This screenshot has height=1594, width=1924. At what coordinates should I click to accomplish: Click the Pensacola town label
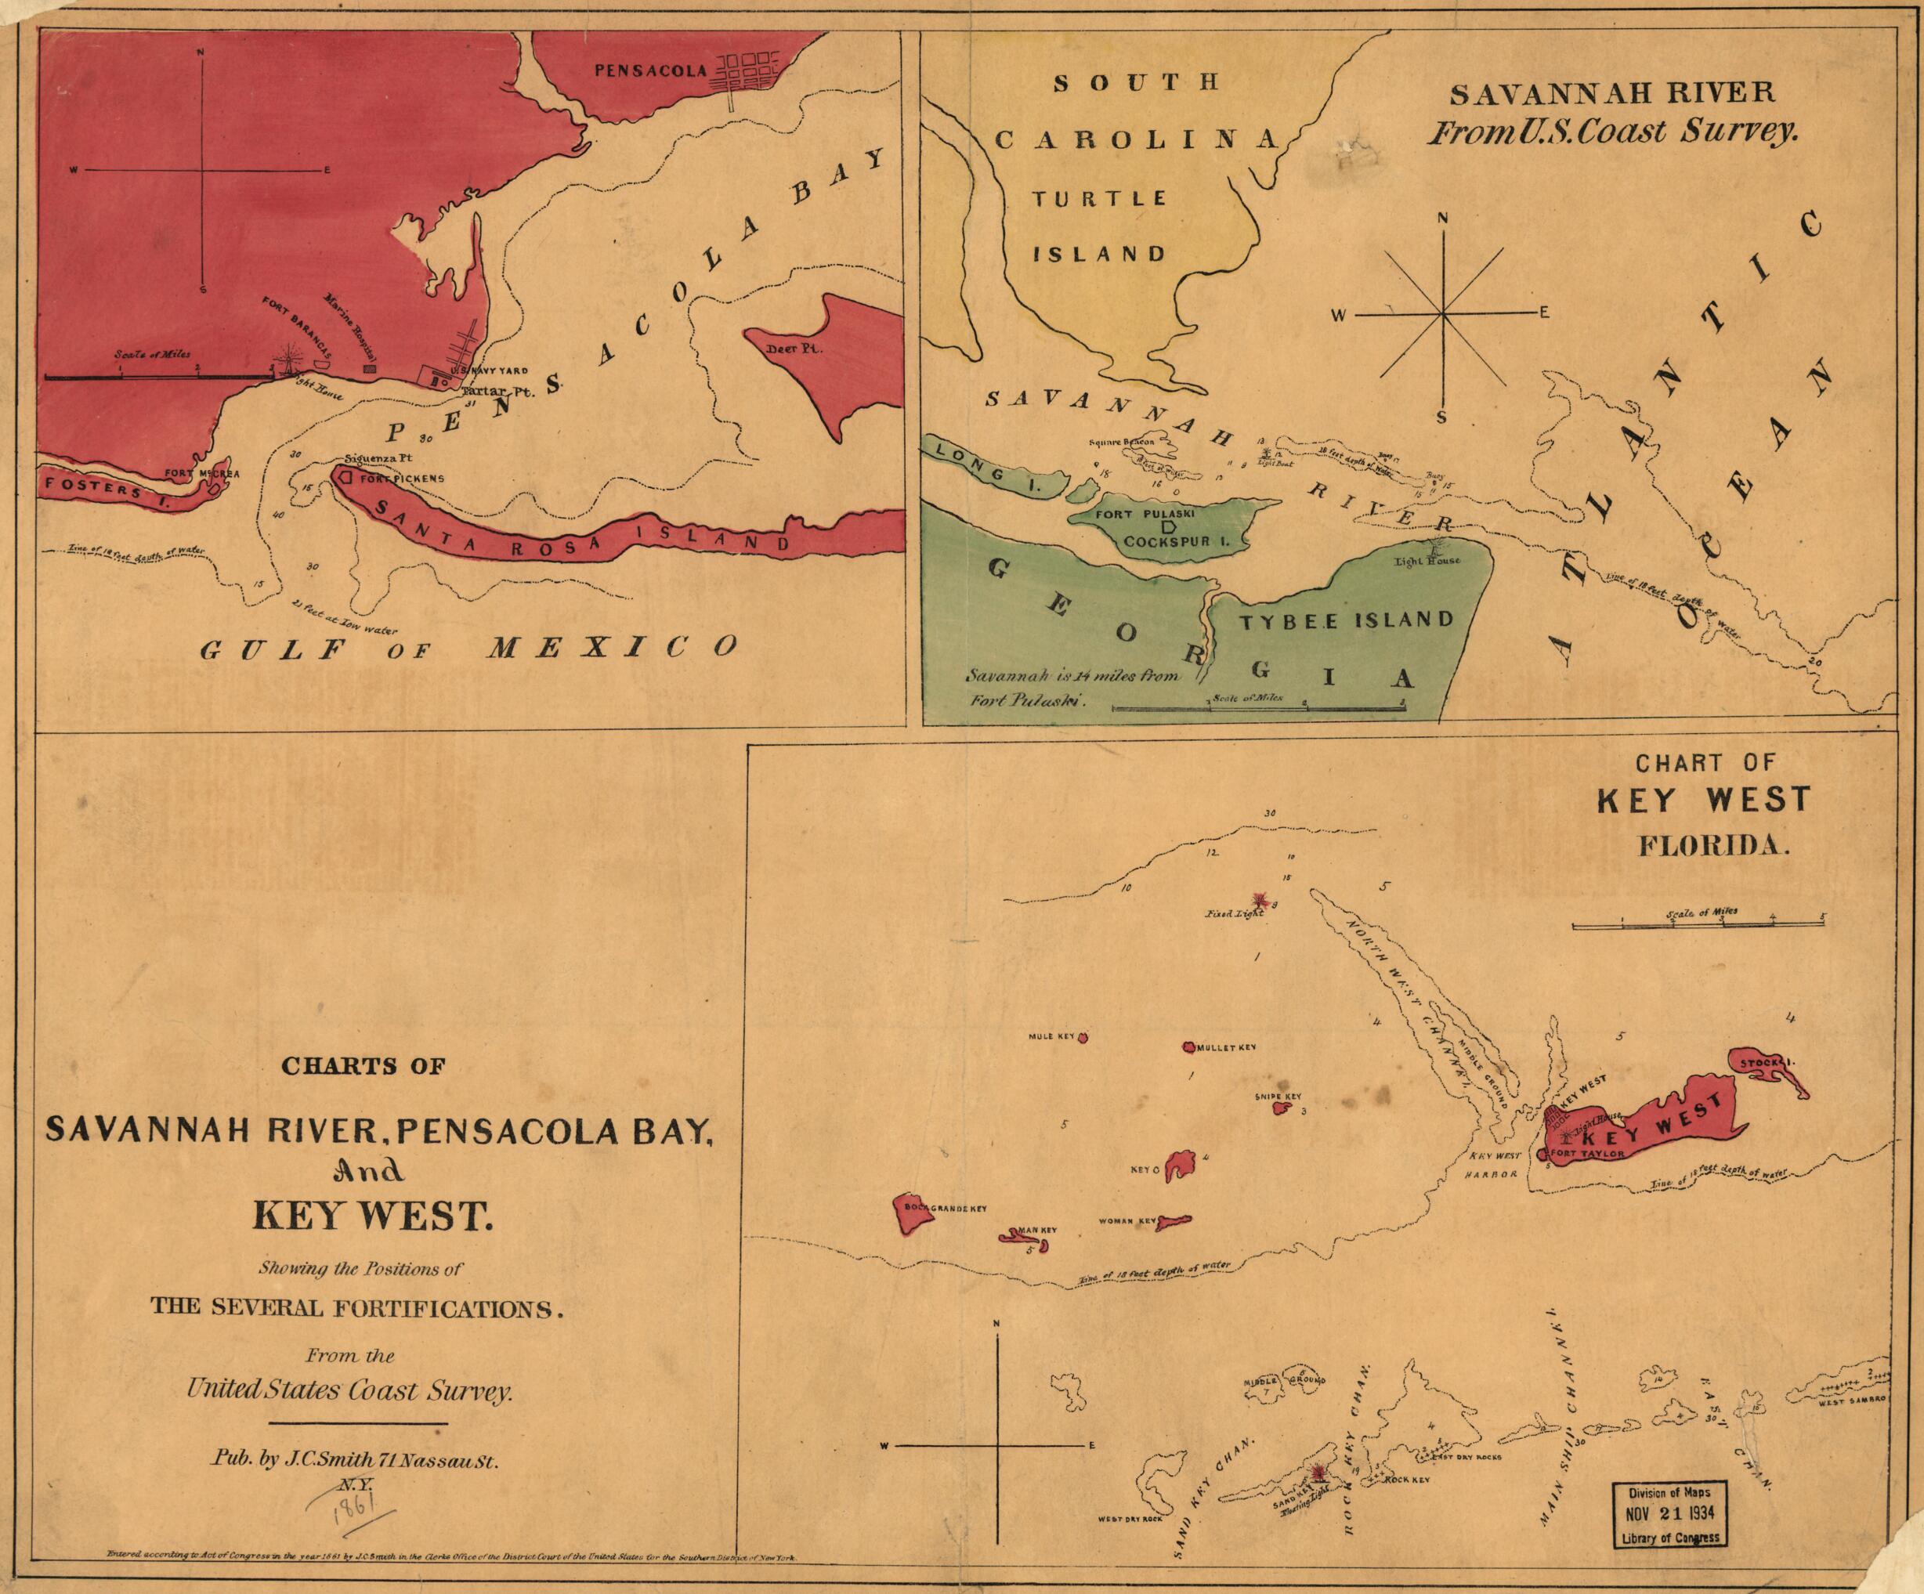click(649, 70)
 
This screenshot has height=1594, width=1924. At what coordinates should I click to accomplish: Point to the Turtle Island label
click(1099, 226)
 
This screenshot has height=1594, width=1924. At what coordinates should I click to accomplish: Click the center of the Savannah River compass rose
click(1442, 314)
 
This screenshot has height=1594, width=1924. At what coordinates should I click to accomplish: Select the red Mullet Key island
click(1189, 1046)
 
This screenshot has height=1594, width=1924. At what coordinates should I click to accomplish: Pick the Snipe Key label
click(1278, 1097)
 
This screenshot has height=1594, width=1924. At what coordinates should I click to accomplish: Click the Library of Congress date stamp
click(1670, 1515)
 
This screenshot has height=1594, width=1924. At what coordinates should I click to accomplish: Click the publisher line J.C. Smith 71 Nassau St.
click(356, 1460)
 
